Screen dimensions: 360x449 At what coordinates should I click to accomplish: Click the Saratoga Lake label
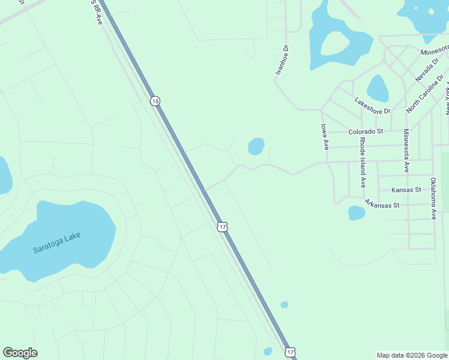tap(57, 242)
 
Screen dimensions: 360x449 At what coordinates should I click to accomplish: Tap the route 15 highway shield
tap(155, 101)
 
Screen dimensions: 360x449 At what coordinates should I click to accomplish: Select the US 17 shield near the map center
tap(223, 226)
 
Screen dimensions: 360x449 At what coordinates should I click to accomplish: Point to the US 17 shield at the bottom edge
tap(291, 352)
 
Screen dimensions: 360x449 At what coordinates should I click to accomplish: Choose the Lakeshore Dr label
tap(372, 106)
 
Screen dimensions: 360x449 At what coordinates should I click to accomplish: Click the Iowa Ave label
tap(324, 137)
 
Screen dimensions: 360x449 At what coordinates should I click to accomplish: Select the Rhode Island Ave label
tap(362, 162)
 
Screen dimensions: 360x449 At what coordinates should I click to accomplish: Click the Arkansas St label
tap(382, 205)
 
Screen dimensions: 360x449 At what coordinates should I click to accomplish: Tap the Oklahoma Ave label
tap(433, 198)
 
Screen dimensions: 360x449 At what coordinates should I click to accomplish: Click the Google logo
tap(20, 353)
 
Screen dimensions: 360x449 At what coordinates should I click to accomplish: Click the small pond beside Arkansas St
tap(357, 212)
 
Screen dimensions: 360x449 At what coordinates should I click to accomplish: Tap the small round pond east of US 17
tap(256, 146)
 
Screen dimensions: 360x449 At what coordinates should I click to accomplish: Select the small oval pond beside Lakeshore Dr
tap(378, 88)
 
